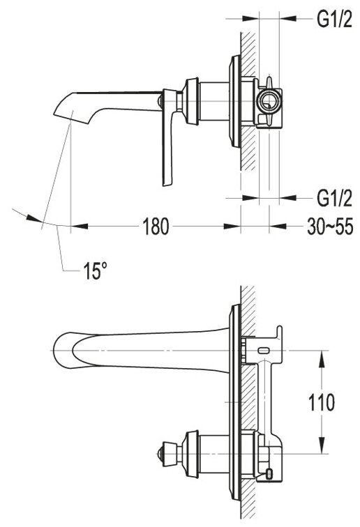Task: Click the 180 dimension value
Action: pyautogui.click(x=156, y=227)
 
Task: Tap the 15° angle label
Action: pyautogui.click(x=95, y=270)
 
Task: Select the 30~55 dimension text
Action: pyautogui.click(x=330, y=227)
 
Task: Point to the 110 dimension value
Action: pyautogui.click(x=322, y=402)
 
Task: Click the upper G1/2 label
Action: pyautogui.click(x=334, y=20)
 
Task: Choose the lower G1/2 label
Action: pyautogui.click(x=334, y=198)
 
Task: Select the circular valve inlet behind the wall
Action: pyautogui.click(x=267, y=101)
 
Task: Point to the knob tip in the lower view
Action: pyautogui.click(x=159, y=454)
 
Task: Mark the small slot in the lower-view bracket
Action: pyautogui.click(x=264, y=351)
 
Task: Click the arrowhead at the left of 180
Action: pyautogui.click(x=80, y=226)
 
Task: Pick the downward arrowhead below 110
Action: pyautogui.click(x=322, y=445)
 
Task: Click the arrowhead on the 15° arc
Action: pyautogui.click(x=35, y=218)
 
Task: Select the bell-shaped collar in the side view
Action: pyautogui.click(x=191, y=101)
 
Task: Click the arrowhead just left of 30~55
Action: pyautogui.click(x=278, y=226)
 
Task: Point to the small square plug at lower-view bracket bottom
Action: pyautogui.click(x=269, y=474)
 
